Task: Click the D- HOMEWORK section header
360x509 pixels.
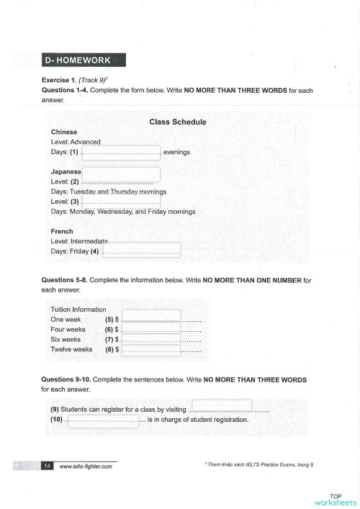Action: (x=84, y=60)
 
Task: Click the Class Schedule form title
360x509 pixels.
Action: (x=178, y=122)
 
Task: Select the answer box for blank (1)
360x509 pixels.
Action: (x=121, y=152)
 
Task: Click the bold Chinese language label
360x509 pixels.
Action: (x=64, y=132)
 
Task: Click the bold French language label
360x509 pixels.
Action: (x=63, y=231)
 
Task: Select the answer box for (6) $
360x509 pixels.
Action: (x=150, y=328)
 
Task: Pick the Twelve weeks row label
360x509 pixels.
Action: (x=71, y=349)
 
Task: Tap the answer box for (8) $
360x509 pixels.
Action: (x=150, y=350)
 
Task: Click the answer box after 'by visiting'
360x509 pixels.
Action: (x=222, y=406)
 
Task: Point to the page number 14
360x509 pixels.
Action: (x=47, y=466)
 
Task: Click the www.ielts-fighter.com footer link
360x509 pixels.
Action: (x=86, y=467)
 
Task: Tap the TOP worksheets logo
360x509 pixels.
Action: (x=335, y=499)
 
